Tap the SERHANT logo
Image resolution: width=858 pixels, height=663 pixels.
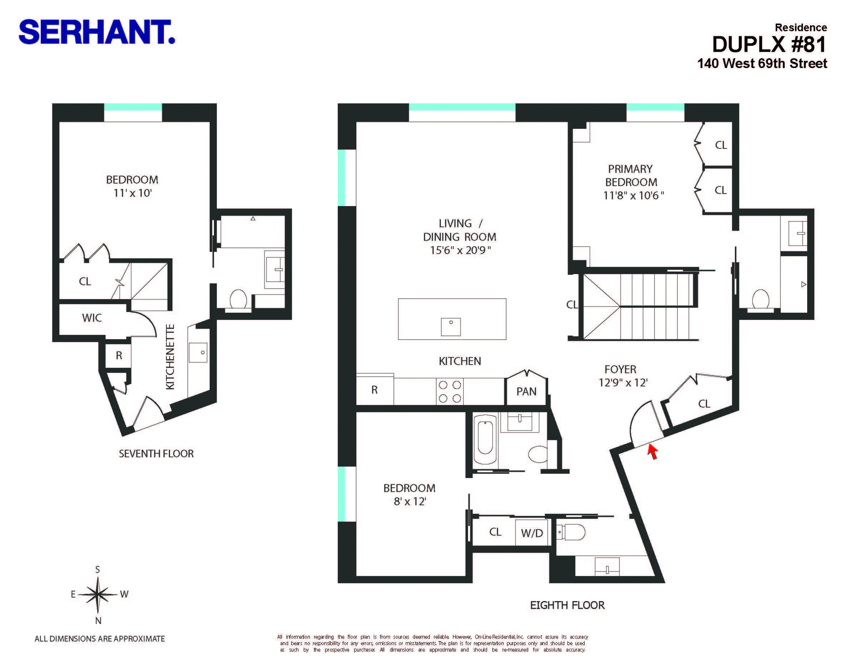coord(96,32)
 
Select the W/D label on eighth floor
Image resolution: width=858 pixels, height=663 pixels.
coord(532,533)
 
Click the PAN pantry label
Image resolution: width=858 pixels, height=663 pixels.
coord(526,391)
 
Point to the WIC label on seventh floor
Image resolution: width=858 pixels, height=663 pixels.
coord(92,318)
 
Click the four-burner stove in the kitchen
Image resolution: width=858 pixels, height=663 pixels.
coord(450,391)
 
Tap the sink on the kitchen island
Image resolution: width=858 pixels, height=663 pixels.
coord(450,326)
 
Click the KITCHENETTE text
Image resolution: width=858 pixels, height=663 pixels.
coord(170,357)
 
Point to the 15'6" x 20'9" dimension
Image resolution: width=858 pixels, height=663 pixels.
coord(460,250)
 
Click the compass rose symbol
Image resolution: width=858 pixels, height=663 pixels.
coord(98,594)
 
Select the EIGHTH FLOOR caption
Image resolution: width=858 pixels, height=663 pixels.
coord(567,605)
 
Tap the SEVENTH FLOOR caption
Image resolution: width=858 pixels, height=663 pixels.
coord(156,454)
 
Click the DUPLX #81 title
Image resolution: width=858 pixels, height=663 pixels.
coord(769,44)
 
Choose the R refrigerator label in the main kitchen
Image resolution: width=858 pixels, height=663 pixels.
coord(374,390)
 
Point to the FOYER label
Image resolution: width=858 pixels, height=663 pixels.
coord(620,369)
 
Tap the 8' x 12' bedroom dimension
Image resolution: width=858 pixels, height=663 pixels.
coord(410,502)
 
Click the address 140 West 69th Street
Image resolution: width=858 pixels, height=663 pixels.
coord(762,64)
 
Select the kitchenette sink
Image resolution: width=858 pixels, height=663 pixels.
coord(198,352)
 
